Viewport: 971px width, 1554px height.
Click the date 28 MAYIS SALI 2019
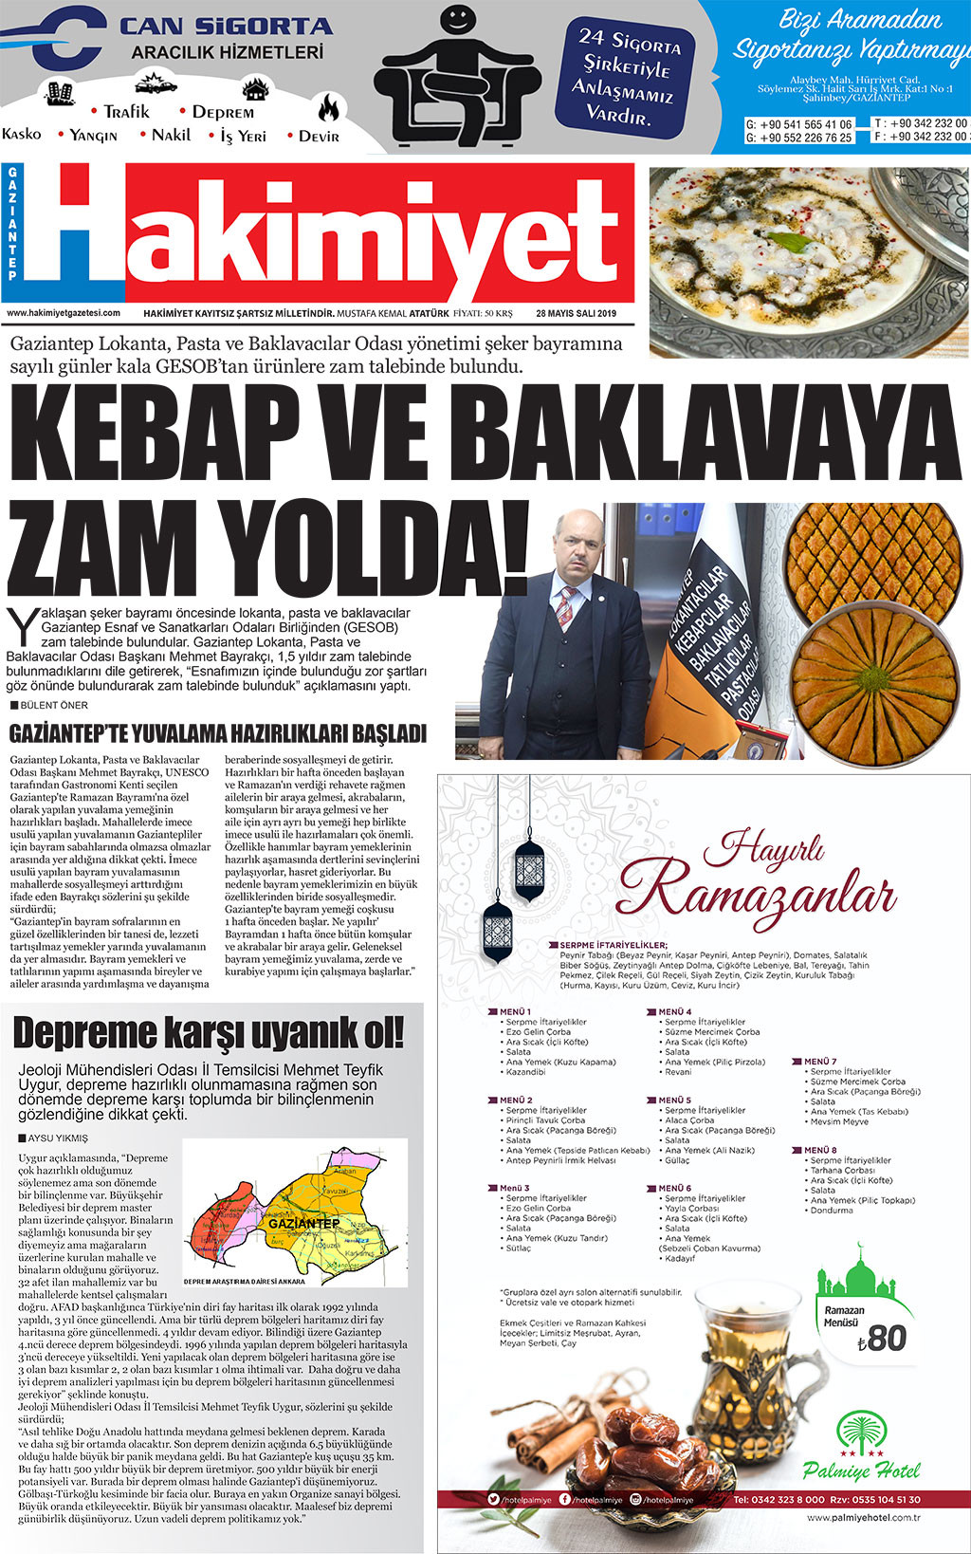576,313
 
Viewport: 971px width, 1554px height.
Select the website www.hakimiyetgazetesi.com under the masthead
64,313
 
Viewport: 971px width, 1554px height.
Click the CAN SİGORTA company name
226,27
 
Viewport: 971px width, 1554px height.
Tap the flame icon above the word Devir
328,107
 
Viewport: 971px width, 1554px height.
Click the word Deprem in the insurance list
223,112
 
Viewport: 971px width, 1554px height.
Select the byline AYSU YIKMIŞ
58,1138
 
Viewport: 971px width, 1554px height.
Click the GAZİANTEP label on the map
303,1223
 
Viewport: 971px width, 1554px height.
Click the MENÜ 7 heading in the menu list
820,1062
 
